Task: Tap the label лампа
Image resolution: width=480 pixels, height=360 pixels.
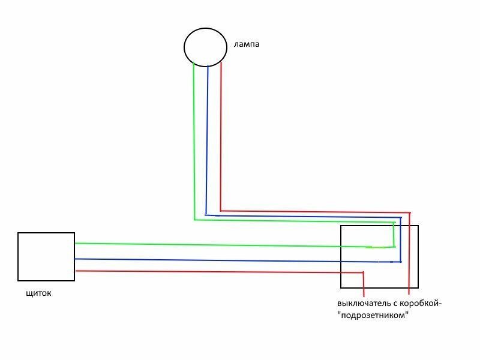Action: point(247,44)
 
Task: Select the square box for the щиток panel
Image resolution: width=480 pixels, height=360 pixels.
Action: point(46,256)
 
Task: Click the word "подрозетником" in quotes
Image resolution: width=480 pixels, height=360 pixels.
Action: point(377,315)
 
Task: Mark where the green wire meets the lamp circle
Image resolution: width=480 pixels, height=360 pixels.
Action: point(194,63)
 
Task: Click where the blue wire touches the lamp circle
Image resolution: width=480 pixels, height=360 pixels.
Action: point(207,66)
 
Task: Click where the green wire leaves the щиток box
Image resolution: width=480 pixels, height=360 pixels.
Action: point(75,243)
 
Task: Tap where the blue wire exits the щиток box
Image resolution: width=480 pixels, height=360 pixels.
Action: point(75,259)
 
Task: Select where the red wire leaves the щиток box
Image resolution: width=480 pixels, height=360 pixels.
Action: point(75,271)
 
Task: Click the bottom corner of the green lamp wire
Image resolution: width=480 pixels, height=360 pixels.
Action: point(194,220)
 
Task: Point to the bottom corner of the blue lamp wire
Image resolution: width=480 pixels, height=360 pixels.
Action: point(206,215)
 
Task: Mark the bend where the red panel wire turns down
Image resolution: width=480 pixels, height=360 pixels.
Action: point(363,273)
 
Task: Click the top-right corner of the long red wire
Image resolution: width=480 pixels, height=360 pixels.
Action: point(410,212)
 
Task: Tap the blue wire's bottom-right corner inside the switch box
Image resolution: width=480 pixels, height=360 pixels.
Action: point(400,262)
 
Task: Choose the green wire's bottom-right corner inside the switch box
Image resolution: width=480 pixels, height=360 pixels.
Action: point(394,246)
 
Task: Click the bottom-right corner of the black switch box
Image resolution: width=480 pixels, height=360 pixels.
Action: point(418,287)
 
